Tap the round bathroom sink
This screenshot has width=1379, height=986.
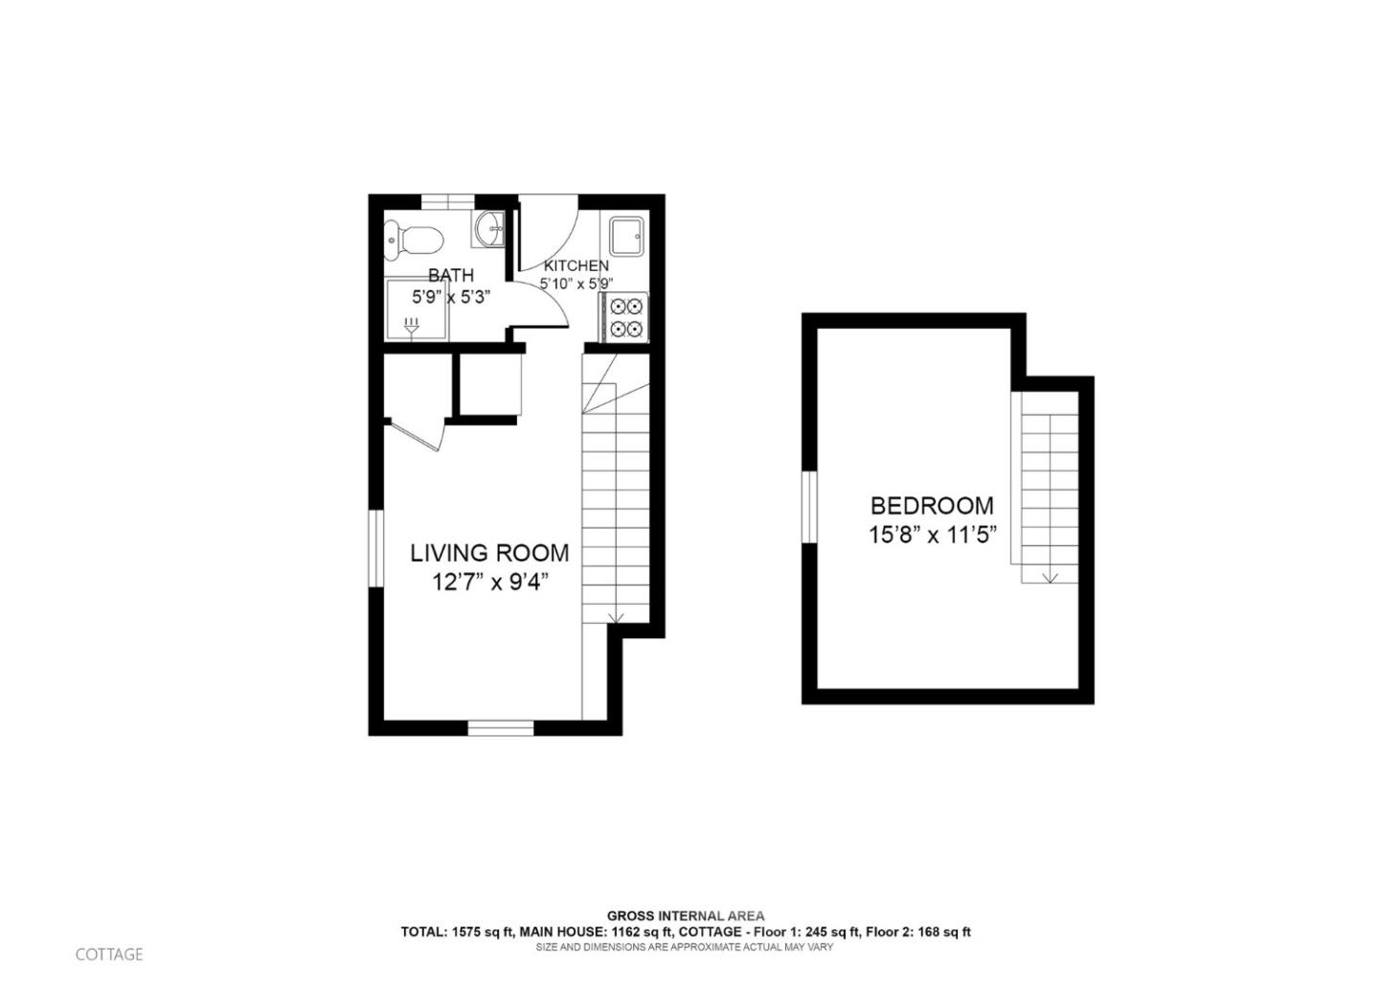(489, 229)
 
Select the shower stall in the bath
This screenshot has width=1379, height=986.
(413, 309)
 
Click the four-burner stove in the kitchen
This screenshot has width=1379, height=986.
(624, 317)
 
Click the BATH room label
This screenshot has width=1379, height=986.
(450, 275)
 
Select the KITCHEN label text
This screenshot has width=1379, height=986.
(576, 265)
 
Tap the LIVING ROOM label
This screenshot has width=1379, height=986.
(489, 553)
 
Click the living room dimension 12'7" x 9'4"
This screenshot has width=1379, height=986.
(489, 582)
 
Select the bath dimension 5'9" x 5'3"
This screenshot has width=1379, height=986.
(450, 297)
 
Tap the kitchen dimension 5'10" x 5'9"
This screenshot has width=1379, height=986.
(576, 284)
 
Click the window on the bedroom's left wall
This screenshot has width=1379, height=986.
(809, 507)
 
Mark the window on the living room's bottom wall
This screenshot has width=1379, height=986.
(500, 728)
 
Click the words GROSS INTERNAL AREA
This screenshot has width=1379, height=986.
(685, 916)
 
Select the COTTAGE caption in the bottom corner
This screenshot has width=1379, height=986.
(109, 954)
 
